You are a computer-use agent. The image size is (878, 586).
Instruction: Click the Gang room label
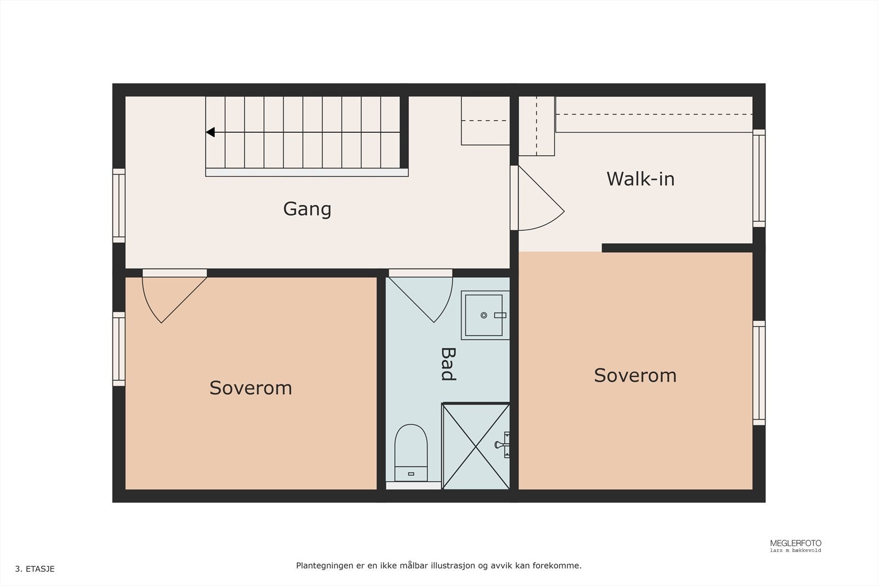307,209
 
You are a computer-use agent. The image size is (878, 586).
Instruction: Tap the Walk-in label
640,179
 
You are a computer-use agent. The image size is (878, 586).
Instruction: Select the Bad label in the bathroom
448,364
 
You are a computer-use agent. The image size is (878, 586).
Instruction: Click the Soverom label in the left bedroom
251,388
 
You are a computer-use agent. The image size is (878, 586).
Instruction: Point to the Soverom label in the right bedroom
635,375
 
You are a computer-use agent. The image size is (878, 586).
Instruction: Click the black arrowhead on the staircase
211,132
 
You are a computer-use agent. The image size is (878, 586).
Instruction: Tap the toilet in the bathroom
411,453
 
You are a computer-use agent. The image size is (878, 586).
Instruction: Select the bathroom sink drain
483,315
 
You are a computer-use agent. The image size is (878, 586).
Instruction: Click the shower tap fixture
502,445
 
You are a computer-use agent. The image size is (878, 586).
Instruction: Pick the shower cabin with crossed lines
476,446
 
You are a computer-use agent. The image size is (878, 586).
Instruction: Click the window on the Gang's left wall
119,206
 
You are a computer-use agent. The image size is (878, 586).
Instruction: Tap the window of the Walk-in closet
759,178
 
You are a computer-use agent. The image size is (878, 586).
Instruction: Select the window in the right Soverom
759,373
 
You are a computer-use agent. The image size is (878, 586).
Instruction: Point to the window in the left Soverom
119,349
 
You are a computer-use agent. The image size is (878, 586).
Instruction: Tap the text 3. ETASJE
35,569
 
